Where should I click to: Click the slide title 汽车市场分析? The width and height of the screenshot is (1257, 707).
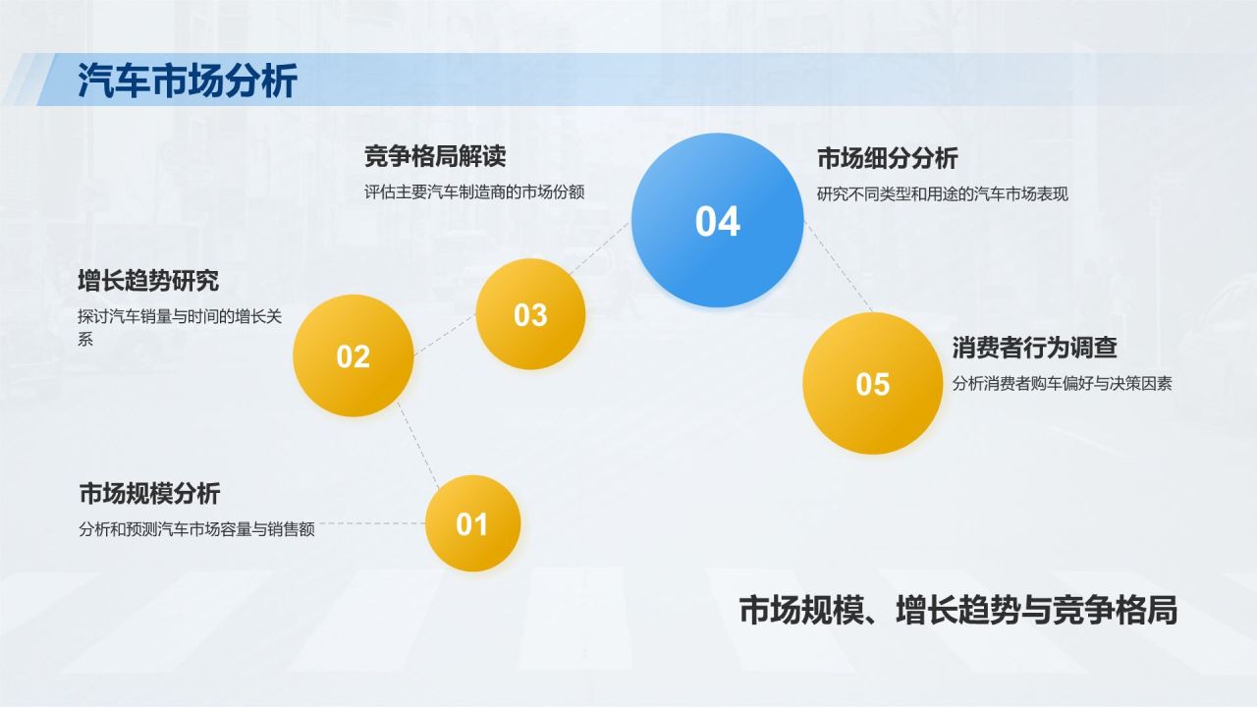point(187,82)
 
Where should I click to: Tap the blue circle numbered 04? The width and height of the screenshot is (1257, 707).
point(717,221)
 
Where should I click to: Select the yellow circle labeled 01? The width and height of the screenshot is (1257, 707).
point(472,524)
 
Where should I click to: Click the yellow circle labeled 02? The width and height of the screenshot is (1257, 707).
point(353,356)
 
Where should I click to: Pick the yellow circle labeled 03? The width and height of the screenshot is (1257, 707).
point(530,314)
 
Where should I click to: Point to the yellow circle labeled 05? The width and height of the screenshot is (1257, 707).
point(872,384)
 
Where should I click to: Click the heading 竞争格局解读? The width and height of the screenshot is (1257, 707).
point(434,156)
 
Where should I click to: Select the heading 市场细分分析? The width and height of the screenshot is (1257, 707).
point(887,158)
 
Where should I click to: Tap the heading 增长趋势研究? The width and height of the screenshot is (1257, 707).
point(148,281)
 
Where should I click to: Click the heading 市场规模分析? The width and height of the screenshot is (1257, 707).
point(149,493)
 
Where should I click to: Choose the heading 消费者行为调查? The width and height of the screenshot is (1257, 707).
point(1034,348)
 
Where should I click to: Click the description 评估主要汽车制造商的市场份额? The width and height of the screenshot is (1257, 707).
point(473,192)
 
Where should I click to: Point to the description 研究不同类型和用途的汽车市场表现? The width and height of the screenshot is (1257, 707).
point(942,194)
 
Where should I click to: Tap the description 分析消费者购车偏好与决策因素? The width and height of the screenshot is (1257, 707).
point(1062,384)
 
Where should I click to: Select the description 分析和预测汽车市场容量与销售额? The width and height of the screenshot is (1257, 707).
point(196,529)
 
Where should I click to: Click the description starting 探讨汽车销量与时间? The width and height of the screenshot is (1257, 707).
point(180,317)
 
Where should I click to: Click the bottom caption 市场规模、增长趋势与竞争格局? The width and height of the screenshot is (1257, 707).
point(957,611)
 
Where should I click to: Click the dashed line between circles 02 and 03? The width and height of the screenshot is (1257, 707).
point(444,335)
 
